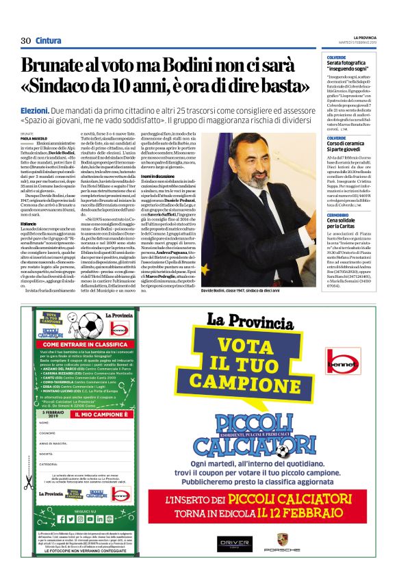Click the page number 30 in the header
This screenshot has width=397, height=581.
point(27,40)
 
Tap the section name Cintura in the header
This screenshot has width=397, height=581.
point(48,40)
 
